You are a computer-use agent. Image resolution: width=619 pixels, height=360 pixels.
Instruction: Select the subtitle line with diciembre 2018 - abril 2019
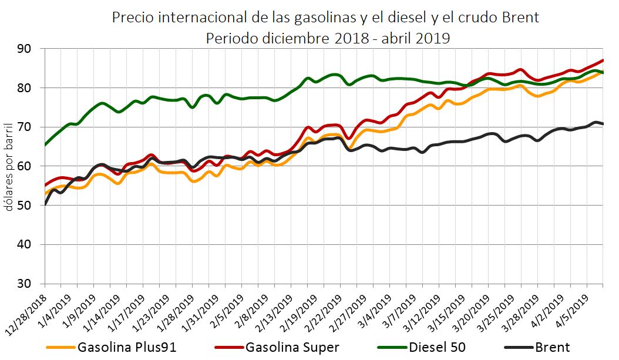[x=328, y=39]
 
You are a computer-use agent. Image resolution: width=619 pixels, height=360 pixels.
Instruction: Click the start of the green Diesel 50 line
[x=45, y=144]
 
